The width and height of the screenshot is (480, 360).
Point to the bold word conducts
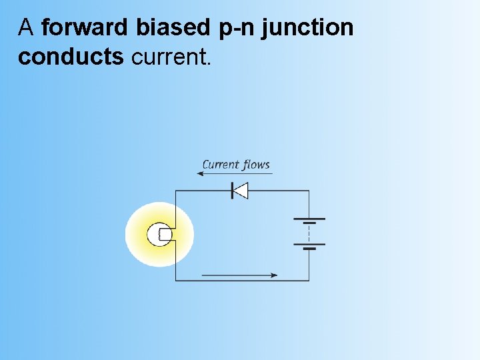71,57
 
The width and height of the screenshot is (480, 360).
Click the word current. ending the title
172,57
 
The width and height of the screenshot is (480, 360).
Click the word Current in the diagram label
221,165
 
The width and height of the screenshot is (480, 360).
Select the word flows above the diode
257,165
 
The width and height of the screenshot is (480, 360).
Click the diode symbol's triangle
241,191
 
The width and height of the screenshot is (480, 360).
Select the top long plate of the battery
309,219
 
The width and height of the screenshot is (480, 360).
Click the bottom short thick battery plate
309,248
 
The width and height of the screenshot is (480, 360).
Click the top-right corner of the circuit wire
309,191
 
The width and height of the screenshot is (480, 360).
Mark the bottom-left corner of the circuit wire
175,281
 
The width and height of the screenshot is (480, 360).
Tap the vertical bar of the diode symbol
232,191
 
